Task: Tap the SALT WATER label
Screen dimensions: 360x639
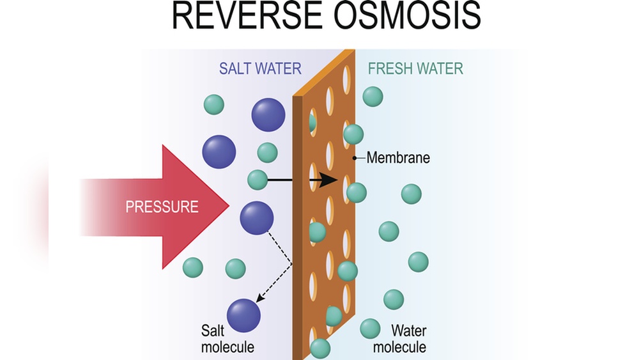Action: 260,68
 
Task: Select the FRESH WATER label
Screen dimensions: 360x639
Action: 415,68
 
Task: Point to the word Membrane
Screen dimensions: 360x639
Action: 398,157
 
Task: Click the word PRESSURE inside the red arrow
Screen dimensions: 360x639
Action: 162,207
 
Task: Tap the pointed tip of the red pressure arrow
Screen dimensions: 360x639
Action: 227,206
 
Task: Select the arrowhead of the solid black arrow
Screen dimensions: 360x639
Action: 328,180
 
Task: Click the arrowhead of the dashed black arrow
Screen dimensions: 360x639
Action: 258,299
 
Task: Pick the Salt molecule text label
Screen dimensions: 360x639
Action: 227,339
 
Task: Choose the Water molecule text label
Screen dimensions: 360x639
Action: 399,339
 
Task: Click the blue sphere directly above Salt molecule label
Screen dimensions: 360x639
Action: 243,315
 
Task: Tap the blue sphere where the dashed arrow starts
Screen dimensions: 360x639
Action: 256,218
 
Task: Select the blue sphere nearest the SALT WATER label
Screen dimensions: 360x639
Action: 268,115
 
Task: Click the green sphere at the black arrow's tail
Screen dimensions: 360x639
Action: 258,180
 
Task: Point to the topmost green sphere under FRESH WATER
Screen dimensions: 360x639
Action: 373,97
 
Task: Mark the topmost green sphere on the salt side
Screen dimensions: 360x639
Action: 213,104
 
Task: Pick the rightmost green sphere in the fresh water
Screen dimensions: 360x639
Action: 418,262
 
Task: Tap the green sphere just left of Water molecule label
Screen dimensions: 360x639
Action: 370,329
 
